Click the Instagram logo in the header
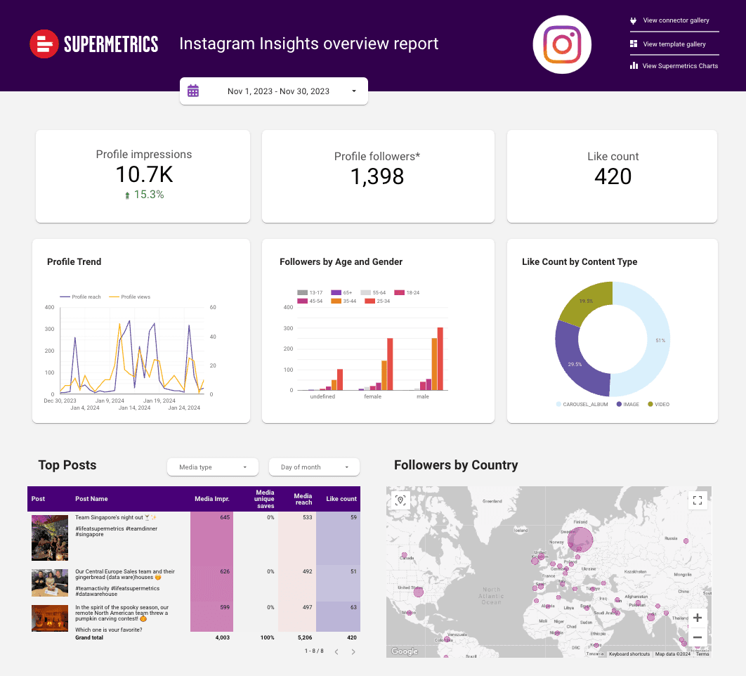(x=562, y=44)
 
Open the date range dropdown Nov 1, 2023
(x=274, y=91)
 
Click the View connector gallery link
(x=675, y=21)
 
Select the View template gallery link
(x=674, y=44)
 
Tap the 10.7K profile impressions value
(x=144, y=174)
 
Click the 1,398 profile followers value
(x=377, y=176)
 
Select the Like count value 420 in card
(x=613, y=176)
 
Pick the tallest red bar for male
(x=440, y=358)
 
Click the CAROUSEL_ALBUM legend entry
(x=583, y=405)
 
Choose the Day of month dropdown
(x=313, y=467)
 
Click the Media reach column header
(x=303, y=499)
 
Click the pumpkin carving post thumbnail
(x=50, y=618)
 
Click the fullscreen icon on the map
(x=698, y=500)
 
